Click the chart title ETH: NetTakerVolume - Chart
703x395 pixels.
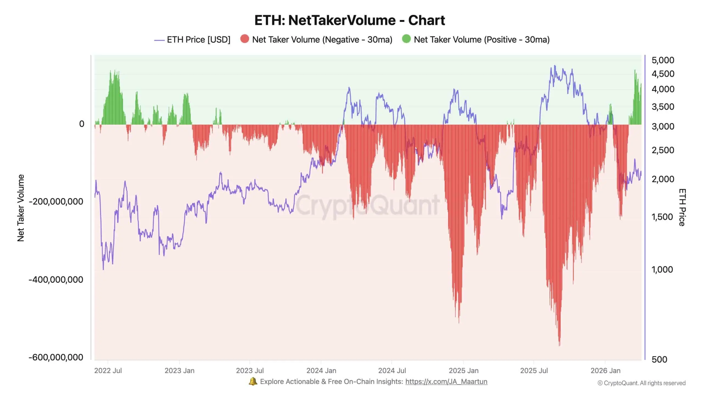(x=350, y=20)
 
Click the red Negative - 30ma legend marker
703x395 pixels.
(x=244, y=39)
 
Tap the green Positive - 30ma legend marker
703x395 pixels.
(x=406, y=39)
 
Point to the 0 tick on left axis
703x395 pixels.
(x=82, y=124)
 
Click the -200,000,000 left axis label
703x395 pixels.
(x=56, y=202)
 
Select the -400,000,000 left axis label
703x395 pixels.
(x=56, y=280)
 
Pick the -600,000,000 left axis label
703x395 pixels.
(x=56, y=357)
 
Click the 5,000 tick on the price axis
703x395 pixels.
(x=663, y=60)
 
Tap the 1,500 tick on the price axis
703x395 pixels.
(x=662, y=217)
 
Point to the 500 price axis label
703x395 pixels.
(x=659, y=359)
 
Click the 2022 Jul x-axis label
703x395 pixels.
(x=108, y=371)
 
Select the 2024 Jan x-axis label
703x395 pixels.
(x=321, y=371)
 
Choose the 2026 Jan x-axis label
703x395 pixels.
(x=605, y=371)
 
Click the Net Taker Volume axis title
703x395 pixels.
(x=21, y=208)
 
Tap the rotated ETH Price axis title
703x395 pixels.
(x=682, y=207)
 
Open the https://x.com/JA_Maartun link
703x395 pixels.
(x=446, y=382)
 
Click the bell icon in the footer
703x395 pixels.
(x=253, y=381)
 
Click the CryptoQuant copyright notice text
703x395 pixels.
(x=641, y=383)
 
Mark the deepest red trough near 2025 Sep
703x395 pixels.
(x=559, y=344)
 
